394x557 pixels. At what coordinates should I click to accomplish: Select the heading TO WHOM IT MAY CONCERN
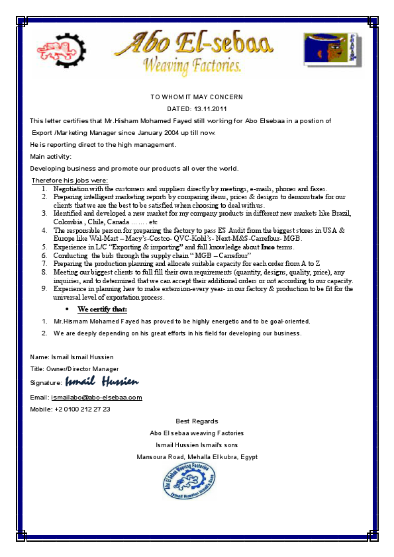pos(197,97)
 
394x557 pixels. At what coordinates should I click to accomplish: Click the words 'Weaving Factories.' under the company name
pos(193,66)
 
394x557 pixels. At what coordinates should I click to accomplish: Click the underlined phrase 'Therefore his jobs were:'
pos(70,181)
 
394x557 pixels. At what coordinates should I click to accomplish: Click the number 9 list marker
pos(44,288)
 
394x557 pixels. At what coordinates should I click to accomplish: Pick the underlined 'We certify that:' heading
pos(102,309)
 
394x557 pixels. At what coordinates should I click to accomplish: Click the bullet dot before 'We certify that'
pos(68,310)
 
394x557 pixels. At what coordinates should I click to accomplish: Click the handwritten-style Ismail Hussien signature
pos(102,382)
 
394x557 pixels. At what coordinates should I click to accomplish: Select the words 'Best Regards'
pos(197,421)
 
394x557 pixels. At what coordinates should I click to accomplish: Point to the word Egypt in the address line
pos(249,457)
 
